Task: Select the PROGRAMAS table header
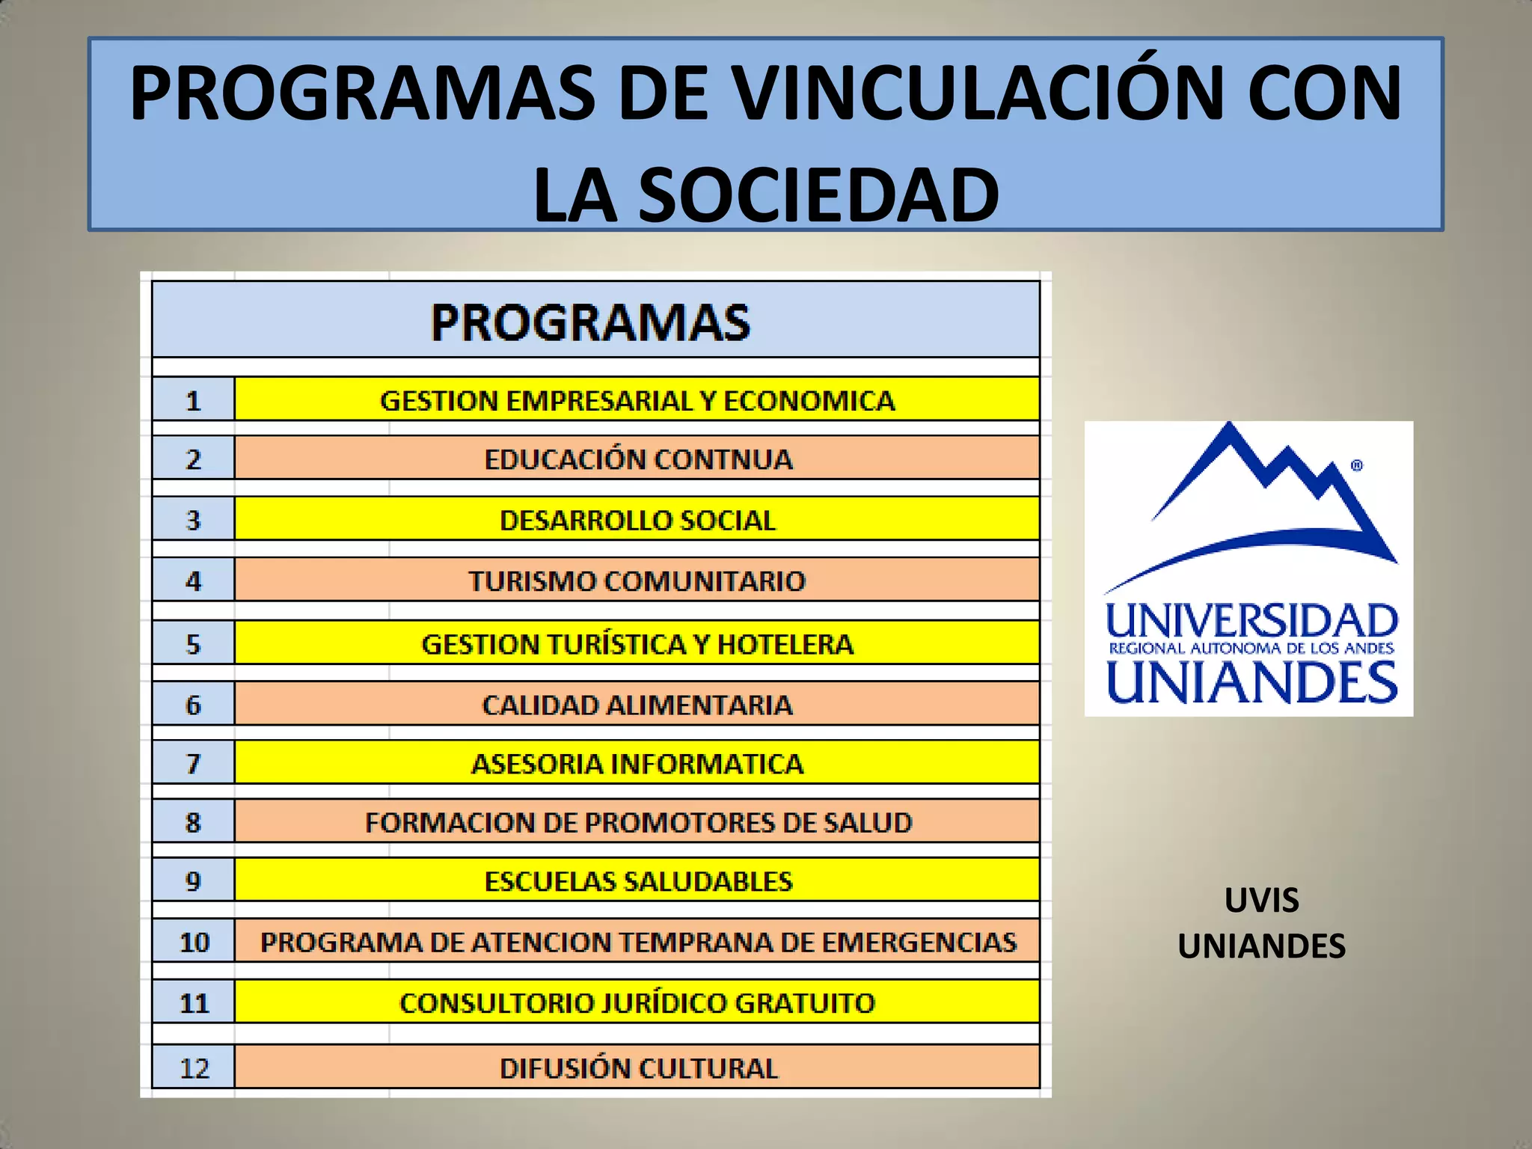coord(591,322)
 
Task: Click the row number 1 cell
coord(193,401)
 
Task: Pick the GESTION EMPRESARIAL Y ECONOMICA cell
coord(637,400)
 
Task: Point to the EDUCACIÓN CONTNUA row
coord(637,459)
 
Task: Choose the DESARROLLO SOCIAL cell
coord(637,520)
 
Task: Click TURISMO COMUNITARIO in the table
coord(637,580)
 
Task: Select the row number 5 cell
coord(193,644)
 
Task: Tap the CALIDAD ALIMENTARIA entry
coord(637,705)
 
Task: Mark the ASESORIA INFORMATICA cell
coord(637,764)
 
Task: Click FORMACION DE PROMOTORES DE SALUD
coord(637,822)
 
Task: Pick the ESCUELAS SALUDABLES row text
coord(637,881)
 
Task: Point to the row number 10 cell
coord(194,942)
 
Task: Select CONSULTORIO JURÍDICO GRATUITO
coord(637,1002)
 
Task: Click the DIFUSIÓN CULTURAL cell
coord(637,1067)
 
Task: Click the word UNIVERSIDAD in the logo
coord(1251,621)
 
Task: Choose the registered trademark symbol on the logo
coord(1357,465)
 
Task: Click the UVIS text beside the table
coord(1261,900)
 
